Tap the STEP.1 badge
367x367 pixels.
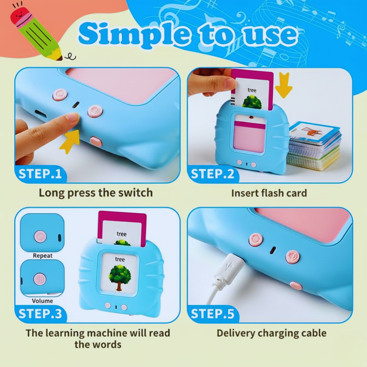coord(40,174)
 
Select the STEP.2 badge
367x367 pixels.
coord(212,174)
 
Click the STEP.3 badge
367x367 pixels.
coord(40,314)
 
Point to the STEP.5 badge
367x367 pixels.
coord(212,314)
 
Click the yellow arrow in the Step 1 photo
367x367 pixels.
coord(70,141)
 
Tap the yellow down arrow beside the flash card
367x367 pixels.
coord(283,86)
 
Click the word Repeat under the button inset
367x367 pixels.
coord(43,255)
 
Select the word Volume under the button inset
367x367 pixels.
coord(42,301)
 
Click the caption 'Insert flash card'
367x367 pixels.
coord(269,193)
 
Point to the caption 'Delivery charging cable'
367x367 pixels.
coord(271,333)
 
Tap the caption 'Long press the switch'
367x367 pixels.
coord(95,193)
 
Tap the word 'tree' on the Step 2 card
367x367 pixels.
coord(252,90)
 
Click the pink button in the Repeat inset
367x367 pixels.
coord(40,236)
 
